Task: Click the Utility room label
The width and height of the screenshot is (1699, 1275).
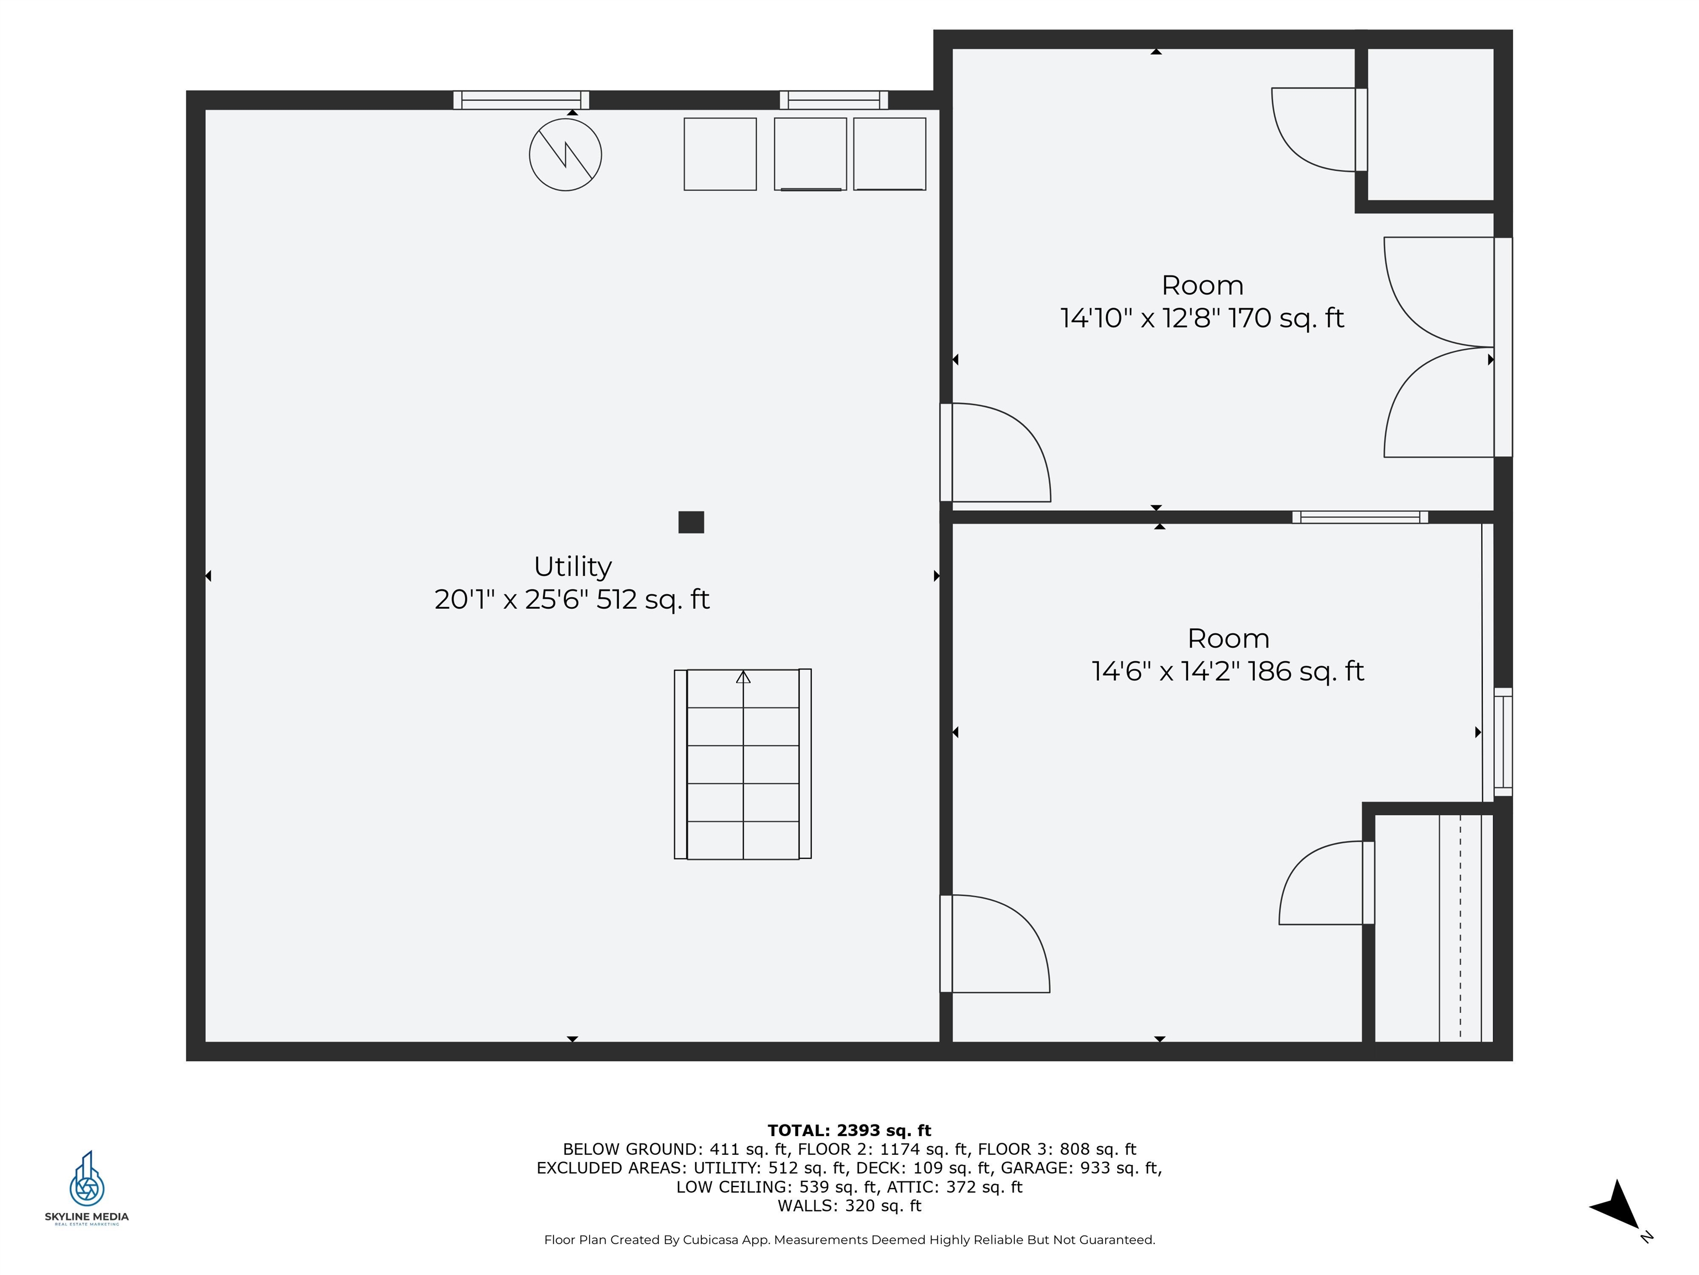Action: click(572, 567)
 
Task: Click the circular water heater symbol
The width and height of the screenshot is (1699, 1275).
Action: click(565, 154)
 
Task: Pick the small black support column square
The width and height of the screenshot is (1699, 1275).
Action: click(691, 522)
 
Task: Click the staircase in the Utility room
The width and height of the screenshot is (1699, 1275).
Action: click(743, 764)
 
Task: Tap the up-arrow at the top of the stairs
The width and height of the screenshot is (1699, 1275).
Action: click(743, 677)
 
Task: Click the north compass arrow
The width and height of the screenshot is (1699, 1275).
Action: click(1616, 1205)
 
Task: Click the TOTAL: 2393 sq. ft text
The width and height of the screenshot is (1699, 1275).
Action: click(849, 1131)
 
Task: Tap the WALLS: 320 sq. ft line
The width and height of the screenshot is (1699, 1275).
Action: click(849, 1206)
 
